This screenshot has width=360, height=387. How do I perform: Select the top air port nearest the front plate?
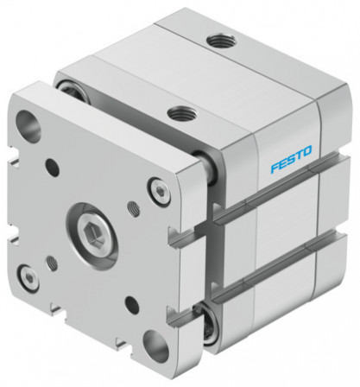(x=180, y=111)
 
